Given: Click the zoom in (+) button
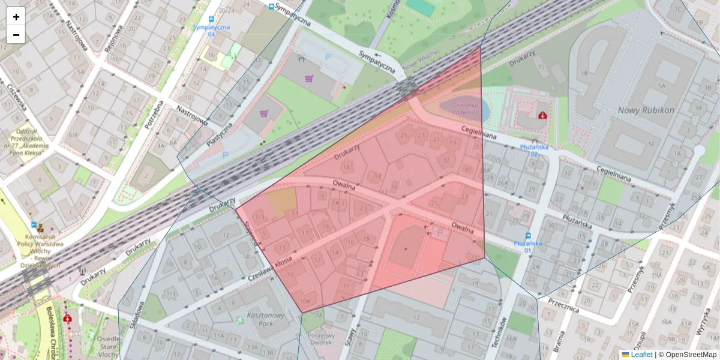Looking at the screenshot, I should pos(16,17).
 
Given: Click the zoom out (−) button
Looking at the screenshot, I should pos(16,35).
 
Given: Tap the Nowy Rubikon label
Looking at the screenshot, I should pos(646,110).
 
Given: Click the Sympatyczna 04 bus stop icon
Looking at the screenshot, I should pos(211,20).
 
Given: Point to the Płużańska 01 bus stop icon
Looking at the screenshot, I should pos(528,235).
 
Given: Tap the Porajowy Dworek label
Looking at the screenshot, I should pos(322,339).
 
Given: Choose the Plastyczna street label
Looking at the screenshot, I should pos(220,136).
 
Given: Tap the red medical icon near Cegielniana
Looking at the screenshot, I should pos(542,114).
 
